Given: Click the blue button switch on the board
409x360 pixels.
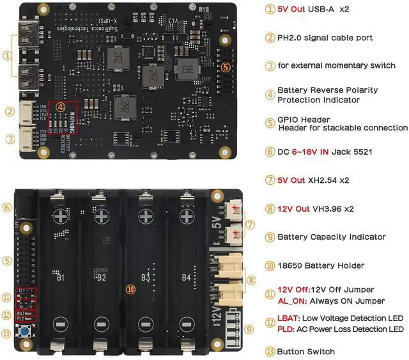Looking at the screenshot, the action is pyautogui.click(x=26, y=333).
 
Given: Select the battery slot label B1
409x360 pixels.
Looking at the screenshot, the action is pyautogui.click(x=61, y=278).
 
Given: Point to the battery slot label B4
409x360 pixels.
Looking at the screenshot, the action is pyautogui.click(x=186, y=278).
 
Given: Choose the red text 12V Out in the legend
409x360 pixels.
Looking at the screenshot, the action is pyautogui.click(x=295, y=208).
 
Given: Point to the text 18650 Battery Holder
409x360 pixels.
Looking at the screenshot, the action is pyautogui.click(x=321, y=265).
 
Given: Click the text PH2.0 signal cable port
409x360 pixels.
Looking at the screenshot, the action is pyautogui.click(x=325, y=38).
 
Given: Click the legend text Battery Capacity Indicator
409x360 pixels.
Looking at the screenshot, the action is pyautogui.click(x=331, y=237).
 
